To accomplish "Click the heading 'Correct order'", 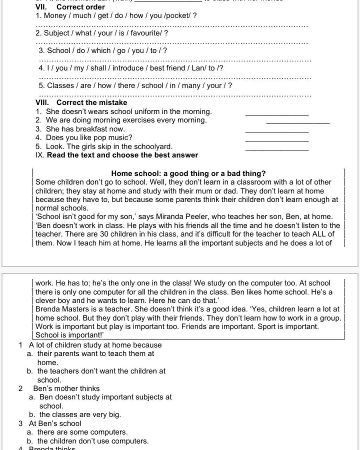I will (81, 7).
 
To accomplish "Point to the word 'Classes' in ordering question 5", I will (60, 85).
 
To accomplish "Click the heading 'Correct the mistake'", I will (92, 103).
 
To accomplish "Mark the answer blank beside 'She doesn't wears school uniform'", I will (277, 114).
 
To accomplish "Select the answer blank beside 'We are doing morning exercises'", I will (298, 123).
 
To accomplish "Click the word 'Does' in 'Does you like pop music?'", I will (54, 137).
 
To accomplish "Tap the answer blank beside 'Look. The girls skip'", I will (277, 149).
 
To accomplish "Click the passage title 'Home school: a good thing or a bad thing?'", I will (188, 173).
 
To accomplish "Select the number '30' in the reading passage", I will (104, 234).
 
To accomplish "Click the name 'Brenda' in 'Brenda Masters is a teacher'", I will (48, 309).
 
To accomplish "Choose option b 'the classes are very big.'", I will (80, 414).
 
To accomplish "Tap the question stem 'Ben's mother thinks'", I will (66, 388).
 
